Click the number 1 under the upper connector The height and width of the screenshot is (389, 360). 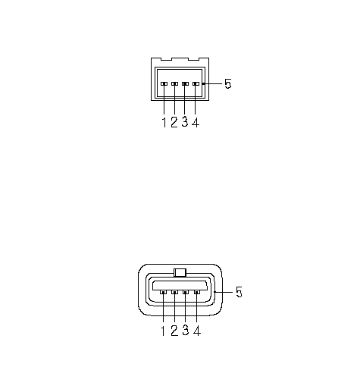click(164, 123)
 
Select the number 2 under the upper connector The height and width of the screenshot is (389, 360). click(174, 122)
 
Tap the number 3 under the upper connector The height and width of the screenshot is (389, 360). click(185, 122)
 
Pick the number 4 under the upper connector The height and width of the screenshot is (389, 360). click(196, 123)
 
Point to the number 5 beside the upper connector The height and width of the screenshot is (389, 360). click(228, 83)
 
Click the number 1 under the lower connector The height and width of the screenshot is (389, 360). click(163, 331)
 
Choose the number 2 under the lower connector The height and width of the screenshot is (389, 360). click(174, 331)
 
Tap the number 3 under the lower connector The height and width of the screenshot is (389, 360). click(186, 331)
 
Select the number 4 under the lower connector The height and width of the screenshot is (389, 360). click(197, 331)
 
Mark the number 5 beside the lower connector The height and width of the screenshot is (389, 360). click(239, 292)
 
